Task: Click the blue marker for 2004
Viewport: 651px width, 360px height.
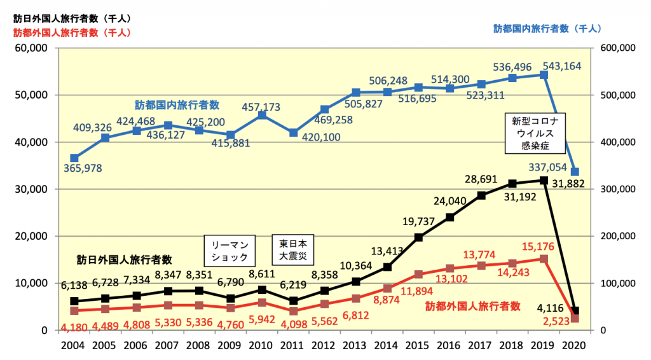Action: [x=74, y=158]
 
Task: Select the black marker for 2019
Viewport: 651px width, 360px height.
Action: [x=544, y=180]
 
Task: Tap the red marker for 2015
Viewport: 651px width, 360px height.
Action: [x=418, y=274]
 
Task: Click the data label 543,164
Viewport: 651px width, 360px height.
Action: [x=565, y=66]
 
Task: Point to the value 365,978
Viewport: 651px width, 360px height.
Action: [x=83, y=169]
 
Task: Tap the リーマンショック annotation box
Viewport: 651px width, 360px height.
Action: [x=229, y=250]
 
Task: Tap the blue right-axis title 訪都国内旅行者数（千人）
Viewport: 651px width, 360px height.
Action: [x=547, y=29]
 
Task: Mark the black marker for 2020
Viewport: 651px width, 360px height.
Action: [x=575, y=311]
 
